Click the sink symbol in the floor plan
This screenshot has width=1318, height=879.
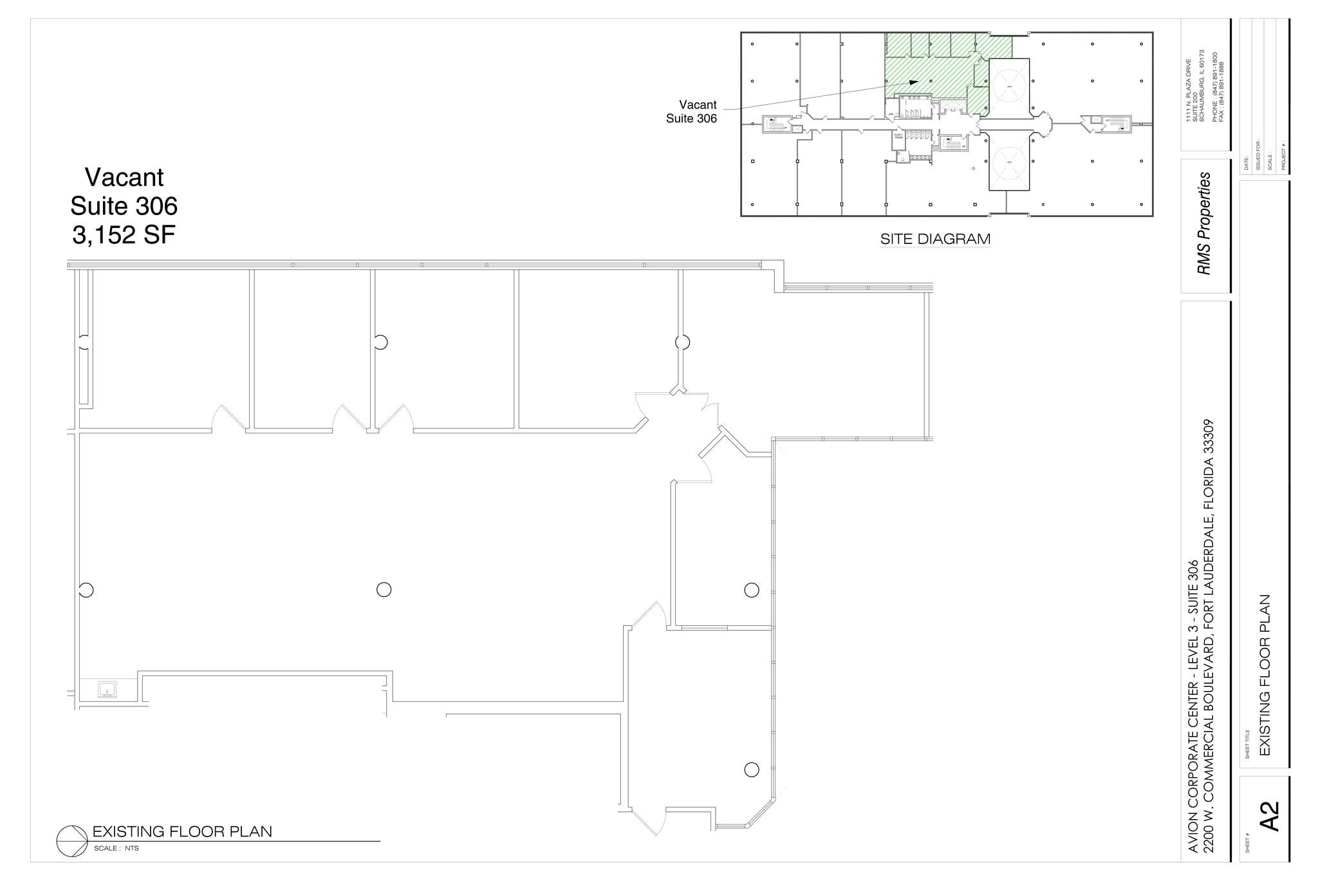click(107, 690)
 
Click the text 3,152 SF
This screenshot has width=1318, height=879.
click(124, 235)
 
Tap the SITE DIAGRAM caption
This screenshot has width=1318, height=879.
click(935, 239)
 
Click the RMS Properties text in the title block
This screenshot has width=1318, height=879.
click(1204, 223)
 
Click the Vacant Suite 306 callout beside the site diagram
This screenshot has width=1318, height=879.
click(692, 111)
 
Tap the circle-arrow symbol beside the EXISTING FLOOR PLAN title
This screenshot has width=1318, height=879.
click(71, 841)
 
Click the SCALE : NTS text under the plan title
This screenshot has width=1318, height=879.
click(116, 848)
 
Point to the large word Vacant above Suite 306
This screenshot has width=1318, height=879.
click(124, 177)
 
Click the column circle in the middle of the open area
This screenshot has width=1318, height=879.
click(384, 589)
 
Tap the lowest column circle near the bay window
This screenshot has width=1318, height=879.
click(751, 769)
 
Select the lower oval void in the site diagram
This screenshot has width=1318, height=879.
click(1008, 160)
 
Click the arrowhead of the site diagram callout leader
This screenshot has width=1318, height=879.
click(914, 82)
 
